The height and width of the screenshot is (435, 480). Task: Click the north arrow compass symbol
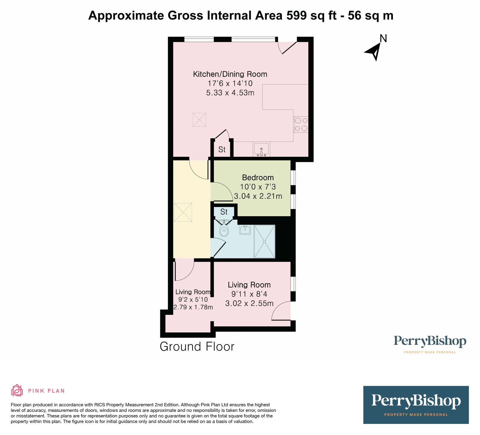373,51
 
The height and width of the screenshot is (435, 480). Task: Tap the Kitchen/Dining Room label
230,74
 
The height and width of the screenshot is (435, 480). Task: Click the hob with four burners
301,125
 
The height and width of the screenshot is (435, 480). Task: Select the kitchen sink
261,149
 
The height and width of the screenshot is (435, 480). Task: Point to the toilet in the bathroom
224,230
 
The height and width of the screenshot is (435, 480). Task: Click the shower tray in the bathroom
264,241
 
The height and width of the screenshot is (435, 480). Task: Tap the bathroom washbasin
245,230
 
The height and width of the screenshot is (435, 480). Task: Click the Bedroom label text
258,177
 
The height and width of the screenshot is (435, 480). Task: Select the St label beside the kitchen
222,149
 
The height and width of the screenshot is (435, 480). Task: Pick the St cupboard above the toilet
224,212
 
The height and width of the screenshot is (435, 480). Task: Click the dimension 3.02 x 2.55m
249,303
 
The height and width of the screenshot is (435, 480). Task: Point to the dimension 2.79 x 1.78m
193,307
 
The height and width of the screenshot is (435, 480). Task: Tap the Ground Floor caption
197,347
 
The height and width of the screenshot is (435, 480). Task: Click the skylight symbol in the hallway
183,212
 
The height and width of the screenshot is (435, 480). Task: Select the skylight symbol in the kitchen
199,120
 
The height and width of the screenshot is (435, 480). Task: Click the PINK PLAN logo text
46,391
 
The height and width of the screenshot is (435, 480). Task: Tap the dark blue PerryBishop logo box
416,404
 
